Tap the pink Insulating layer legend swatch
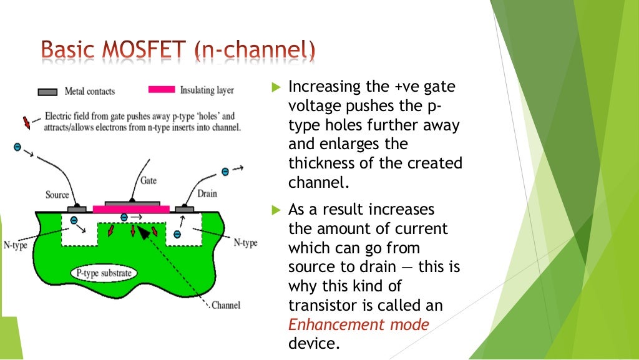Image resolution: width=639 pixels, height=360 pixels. pyautogui.click(x=161, y=90)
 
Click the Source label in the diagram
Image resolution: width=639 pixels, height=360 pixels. pyautogui.click(x=57, y=195)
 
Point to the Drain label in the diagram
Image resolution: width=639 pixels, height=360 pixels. pyautogui.click(x=207, y=194)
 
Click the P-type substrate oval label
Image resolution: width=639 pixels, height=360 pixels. pyautogui.click(x=104, y=273)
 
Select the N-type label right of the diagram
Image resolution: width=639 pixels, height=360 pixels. pyautogui.click(x=246, y=243)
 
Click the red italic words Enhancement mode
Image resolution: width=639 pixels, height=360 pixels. pyautogui.click(x=359, y=325)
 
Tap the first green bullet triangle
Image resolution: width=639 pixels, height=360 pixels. pyautogui.click(x=277, y=88)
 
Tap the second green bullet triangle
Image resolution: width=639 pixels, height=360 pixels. pyautogui.click(x=277, y=210)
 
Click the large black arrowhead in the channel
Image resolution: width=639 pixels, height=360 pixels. pyautogui.click(x=144, y=232)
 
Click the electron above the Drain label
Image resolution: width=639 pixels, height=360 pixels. pyautogui.click(x=225, y=172)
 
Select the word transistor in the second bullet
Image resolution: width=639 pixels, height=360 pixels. pyautogui.click(x=321, y=306)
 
